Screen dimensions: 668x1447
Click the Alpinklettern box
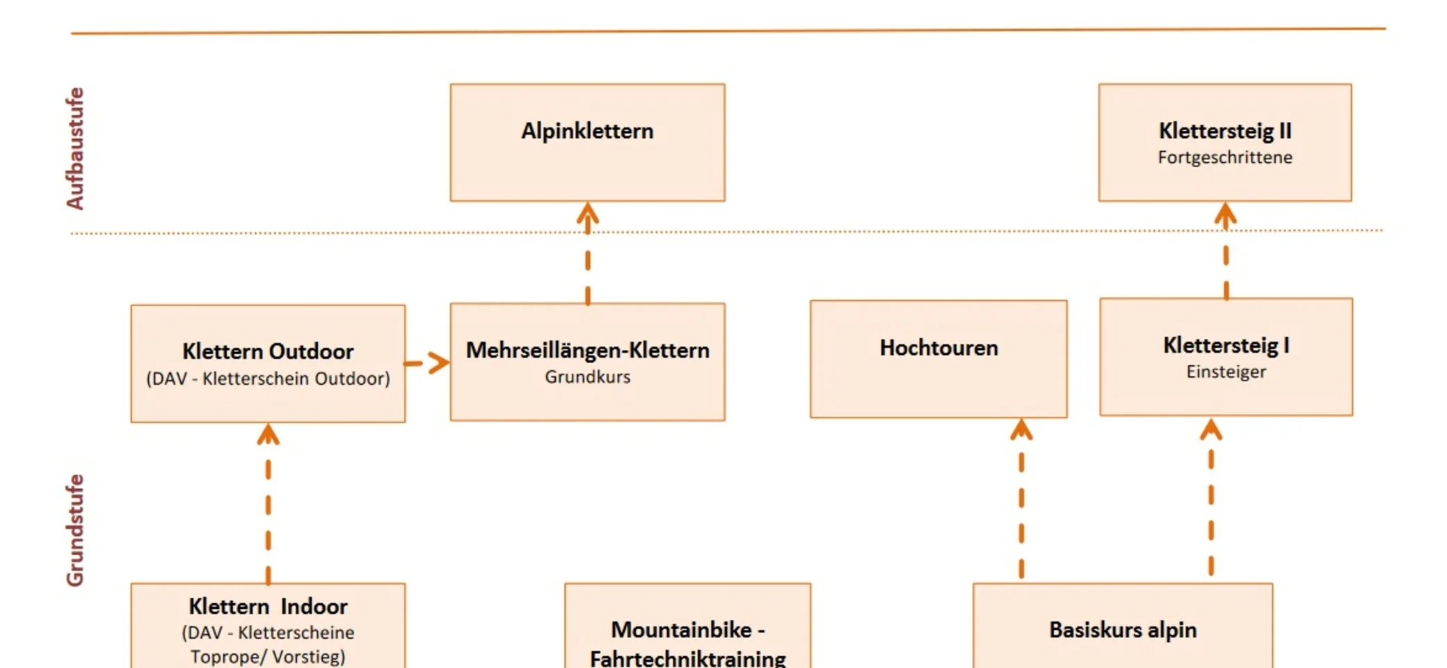pos(587,143)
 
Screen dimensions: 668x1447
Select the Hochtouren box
pos(938,359)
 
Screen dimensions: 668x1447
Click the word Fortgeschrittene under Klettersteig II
pos(1224,158)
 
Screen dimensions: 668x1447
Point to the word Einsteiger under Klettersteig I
pos(1226,372)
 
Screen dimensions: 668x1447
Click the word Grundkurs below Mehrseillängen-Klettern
pos(587,377)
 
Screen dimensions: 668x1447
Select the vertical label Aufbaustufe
pos(75,148)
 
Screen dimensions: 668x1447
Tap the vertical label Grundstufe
pos(75,530)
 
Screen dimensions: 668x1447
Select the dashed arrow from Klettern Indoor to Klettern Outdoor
pos(268,502)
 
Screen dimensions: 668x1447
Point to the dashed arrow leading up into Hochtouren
pos(1021,497)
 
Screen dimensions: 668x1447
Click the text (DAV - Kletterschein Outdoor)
pos(268,379)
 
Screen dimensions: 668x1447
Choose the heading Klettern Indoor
pos(268,607)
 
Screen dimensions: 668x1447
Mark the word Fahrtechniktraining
pos(687,658)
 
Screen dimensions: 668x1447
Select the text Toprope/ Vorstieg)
pos(268,657)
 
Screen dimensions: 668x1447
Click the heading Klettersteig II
pos(1224,131)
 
